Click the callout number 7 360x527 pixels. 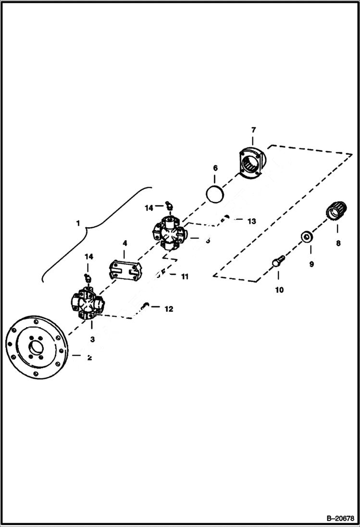click(253, 130)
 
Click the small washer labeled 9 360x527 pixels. click(306, 237)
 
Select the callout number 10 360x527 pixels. click(279, 290)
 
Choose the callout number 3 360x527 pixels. click(92, 339)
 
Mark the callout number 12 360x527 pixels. click(169, 309)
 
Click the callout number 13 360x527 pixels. click(252, 221)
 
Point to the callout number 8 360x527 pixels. click(338, 244)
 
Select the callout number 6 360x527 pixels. click(215, 168)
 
